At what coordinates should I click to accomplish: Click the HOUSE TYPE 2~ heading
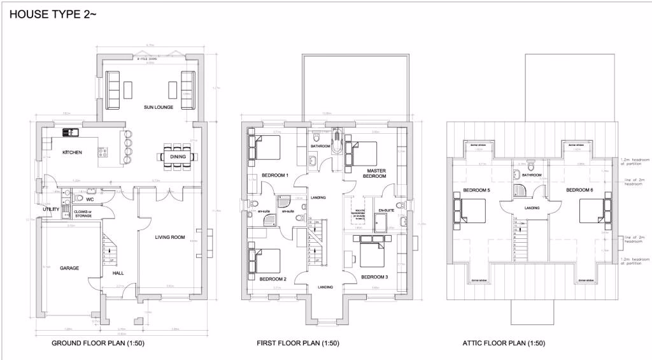(53, 13)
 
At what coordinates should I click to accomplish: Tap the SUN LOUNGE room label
(159, 107)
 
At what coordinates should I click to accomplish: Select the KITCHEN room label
(71, 153)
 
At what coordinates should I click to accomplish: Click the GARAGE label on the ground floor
(69, 268)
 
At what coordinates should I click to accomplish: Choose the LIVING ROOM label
(170, 238)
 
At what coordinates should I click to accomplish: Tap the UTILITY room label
(51, 210)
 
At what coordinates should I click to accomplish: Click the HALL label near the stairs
(118, 273)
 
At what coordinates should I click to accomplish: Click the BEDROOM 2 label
(273, 279)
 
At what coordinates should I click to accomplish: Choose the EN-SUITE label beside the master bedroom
(386, 210)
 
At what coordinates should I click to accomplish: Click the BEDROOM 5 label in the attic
(476, 191)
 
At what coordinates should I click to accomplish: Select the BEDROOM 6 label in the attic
(579, 191)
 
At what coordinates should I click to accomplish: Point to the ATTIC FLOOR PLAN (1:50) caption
(504, 343)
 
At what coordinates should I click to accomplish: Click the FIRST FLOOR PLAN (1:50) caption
(298, 343)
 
